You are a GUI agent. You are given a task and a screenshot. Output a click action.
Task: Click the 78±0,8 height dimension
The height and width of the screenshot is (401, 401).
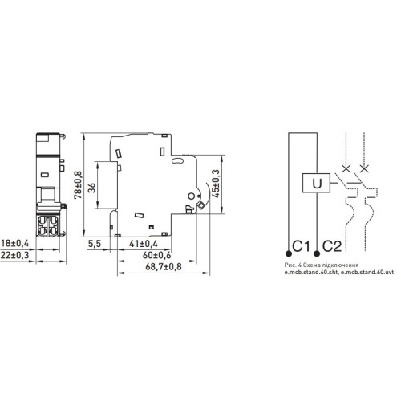pos(79,184)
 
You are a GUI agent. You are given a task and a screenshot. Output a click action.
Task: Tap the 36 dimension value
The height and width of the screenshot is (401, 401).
pos(91,188)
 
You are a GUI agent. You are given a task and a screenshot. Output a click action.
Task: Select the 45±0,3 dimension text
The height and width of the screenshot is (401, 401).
pos(216,184)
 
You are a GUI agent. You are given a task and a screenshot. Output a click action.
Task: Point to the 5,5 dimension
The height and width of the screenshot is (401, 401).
pos(95,244)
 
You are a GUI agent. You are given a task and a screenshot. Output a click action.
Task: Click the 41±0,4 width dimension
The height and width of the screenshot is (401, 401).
pos(144,244)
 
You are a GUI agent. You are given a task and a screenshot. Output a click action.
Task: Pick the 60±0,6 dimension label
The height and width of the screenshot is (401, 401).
pos(156,255)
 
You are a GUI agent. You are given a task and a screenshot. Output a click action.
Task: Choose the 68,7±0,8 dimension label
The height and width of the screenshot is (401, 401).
pos(164,266)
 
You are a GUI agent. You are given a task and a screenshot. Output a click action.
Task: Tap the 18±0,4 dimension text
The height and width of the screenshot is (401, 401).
pos(14,243)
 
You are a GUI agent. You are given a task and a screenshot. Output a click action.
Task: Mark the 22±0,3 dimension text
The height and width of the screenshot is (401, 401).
pos(14,255)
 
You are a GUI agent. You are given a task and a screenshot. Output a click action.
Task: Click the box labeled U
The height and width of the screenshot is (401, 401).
pos(316,183)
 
